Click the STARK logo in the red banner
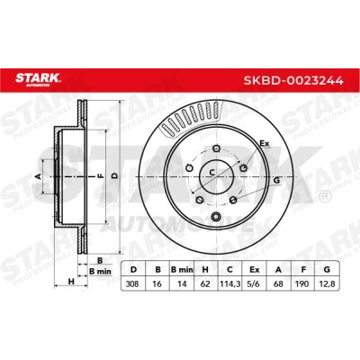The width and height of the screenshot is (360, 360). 38,79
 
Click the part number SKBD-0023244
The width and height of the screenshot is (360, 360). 293,80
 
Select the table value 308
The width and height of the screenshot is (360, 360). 132,283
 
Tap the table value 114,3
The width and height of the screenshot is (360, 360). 229,283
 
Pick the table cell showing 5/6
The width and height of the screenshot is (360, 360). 254,283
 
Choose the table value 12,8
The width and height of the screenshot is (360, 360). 327,283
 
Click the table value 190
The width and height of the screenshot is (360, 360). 302,283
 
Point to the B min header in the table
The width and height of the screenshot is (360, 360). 182,270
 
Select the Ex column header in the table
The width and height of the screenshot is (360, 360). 254,270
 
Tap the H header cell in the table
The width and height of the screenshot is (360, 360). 205,270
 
